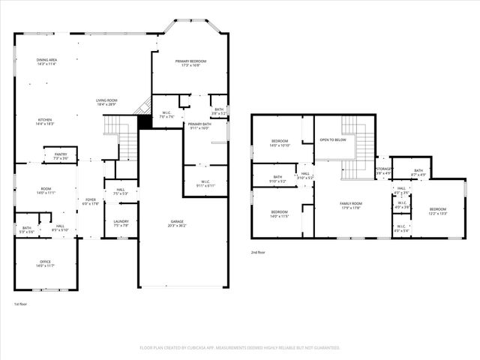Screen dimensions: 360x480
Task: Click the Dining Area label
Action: pyautogui.click(x=47, y=60)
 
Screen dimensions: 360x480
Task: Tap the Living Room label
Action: pyautogui.click(x=106, y=100)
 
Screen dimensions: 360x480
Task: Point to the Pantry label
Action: pyautogui.click(x=61, y=154)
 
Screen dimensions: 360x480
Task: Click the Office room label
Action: pyautogui.click(x=45, y=261)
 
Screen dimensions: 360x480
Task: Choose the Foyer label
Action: pyautogui.click(x=89, y=199)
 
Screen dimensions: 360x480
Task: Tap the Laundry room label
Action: pyautogui.click(x=121, y=220)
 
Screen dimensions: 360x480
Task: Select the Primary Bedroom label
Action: pyautogui.click(x=190, y=61)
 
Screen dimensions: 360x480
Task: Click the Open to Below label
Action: pyautogui.click(x=332, y=139)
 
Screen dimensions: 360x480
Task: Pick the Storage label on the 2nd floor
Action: pyautogui.click(x=384, y=169)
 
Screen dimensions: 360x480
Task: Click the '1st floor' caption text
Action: pyautogui.click(x=21, y=304)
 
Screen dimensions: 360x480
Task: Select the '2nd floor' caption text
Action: pyautogui.click(x=259, y=253)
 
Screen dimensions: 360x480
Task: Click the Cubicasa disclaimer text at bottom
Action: pyautogui.click(x=239, y=347)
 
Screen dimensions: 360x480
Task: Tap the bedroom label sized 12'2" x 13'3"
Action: pyautogui.click(x=437, y=213)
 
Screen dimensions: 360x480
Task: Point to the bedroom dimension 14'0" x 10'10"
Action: pyautogui.click(x=280, y=145)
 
